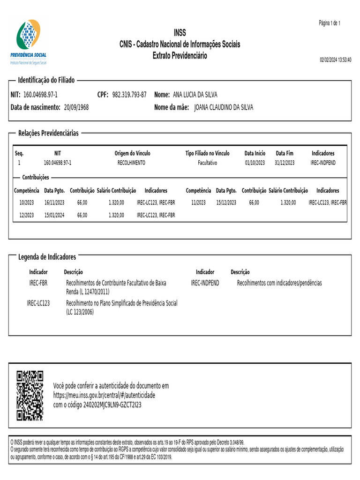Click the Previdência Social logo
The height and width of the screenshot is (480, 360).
[29, 41]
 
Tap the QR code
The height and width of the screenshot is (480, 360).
[30, 395]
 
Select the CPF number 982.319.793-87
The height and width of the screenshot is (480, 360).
[129, 95]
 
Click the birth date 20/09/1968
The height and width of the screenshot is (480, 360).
[76, 107]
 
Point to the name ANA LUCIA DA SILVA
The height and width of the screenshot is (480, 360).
[195, 95]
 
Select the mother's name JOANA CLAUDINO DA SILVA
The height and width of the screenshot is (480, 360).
[224, 107]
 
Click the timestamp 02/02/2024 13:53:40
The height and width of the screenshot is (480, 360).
[335, 60]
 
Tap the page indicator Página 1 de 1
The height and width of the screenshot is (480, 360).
[330, 23]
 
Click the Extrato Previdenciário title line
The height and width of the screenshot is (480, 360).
[180, 56]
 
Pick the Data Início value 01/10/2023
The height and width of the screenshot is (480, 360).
[255, 163]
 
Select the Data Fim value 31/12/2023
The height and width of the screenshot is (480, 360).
[285, 163]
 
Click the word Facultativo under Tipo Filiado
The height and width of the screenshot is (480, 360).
[207, 163]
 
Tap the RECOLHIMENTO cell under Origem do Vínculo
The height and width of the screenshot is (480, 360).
[131, 163]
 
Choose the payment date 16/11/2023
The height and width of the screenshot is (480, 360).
[54, 202]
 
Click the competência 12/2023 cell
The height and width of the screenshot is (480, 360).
[26, 215]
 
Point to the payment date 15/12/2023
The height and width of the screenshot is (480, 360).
[226, 202]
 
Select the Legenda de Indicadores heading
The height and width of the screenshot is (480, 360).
[47, 257]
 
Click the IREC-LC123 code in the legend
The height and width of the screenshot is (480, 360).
[38, 303]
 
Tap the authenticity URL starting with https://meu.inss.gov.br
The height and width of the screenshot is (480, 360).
[104, 395]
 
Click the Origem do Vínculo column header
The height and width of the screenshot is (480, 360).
[133, 153]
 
